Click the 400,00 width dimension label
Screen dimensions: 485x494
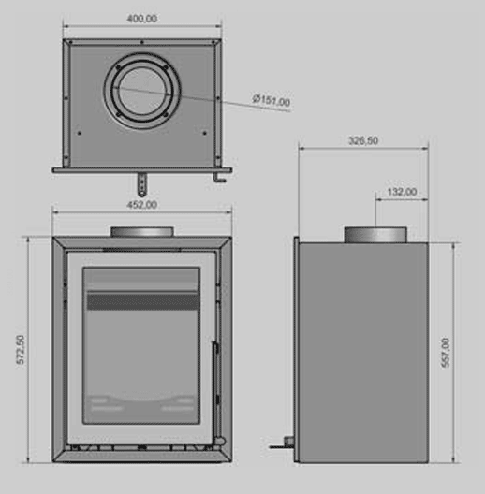coord(142,19)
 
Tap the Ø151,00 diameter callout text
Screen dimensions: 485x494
coord(272,100)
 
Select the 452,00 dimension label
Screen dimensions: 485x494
coord(142,205)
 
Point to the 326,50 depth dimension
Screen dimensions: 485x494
coord(363,140)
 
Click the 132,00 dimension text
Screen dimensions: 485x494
coord(402,192)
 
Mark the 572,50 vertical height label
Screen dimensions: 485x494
coord(21,350)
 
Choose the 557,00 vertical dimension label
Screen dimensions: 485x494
coord(446,353)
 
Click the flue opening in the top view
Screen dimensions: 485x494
coord(142,91)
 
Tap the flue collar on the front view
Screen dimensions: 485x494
coord(142,232)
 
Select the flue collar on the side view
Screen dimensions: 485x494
coord(375,235)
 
